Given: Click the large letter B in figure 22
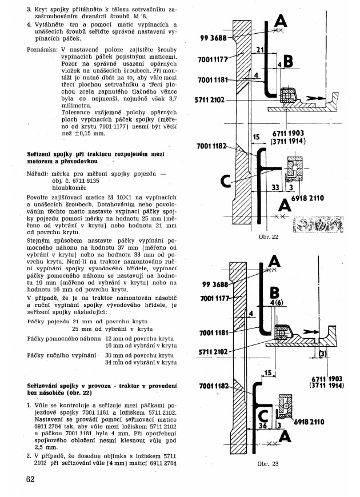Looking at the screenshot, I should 287,61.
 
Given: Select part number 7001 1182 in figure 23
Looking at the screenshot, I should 214,387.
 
